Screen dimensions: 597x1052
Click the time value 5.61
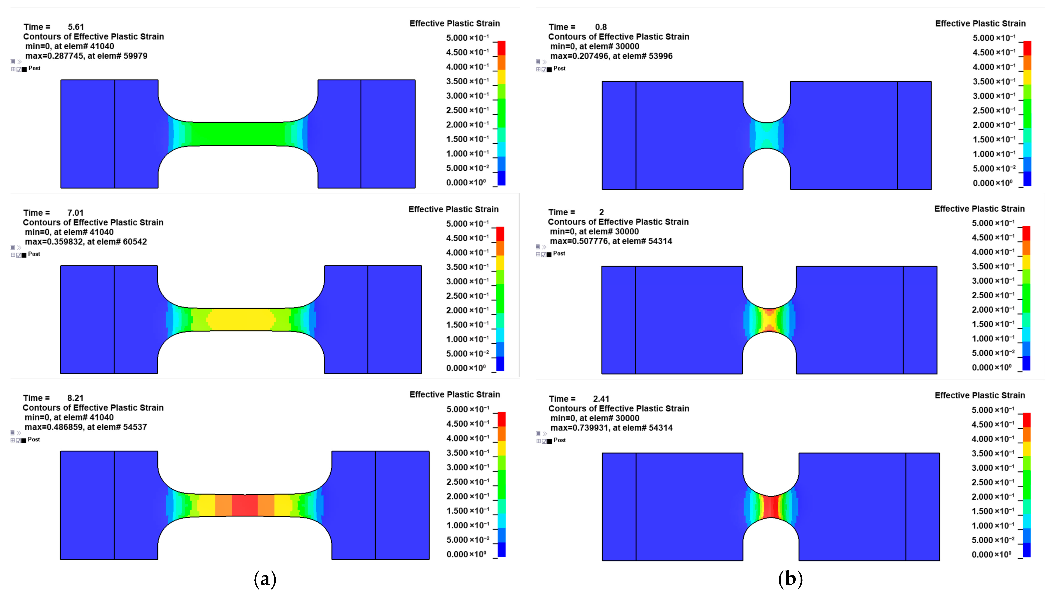(76, 27)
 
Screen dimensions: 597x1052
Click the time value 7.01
(75, 213)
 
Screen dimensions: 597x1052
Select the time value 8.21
(75, 398)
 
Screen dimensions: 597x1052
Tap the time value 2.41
(601, 399)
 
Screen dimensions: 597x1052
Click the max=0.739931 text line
(611, 428)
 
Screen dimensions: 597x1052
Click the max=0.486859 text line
(86, 427)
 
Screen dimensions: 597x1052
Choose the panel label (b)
(790, 579)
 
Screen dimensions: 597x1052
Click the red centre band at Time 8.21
(245, 505)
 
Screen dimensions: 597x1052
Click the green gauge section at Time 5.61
(238, 134)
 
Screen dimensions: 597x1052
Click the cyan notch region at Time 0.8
(766, 135)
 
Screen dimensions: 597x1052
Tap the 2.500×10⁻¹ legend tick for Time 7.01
(467, 296)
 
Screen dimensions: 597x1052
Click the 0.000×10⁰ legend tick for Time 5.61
(466, 182)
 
